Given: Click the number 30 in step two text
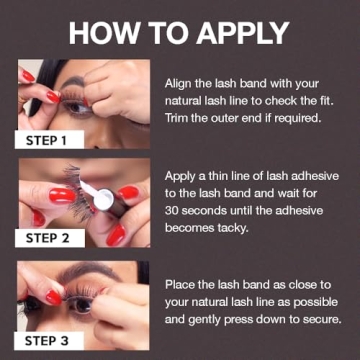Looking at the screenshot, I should coord(171,213).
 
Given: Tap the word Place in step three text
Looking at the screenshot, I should coord(181,285).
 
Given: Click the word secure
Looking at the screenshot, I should coord(319,321).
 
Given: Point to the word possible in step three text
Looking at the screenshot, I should coord(311,303).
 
